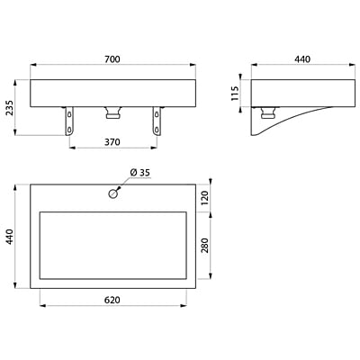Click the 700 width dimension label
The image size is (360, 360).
coord(112,59)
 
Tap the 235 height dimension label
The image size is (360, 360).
coord(9,108)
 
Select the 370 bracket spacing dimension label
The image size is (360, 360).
coord(112,141)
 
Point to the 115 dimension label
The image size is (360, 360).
coord(235,94)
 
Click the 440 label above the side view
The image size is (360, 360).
coord(302,59)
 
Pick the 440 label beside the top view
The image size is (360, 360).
coord(9,237)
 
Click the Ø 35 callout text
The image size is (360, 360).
coord(140,173)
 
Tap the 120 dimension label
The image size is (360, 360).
coord(204,198)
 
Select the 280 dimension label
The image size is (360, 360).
coord(204,245)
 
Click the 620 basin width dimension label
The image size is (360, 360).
coord(112,300)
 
